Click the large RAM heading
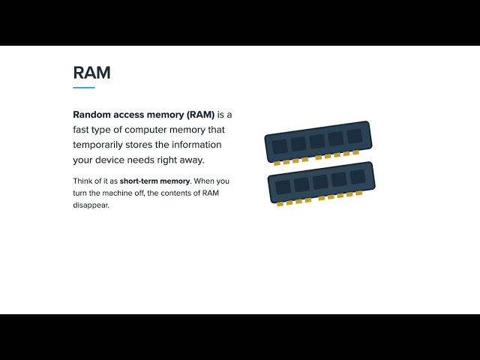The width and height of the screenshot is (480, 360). pos(91,73)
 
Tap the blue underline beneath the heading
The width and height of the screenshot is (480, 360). pos(84,88)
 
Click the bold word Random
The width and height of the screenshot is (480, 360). pos(91,115)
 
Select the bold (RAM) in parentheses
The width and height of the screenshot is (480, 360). pos(200,115)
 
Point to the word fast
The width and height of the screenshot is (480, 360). pos(81,130)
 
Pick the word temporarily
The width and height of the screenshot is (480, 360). pos(97,145)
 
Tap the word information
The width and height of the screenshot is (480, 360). pos(196,145)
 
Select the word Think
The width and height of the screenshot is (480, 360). pos(82,181)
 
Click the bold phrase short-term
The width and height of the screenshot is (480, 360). pos(139,181)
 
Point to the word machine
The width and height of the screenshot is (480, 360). pos(117,193)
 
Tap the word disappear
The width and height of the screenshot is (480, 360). pos(91,205)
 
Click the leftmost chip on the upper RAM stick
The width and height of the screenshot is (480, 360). pos(280,147)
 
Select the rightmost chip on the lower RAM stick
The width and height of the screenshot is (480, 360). pos(358,177)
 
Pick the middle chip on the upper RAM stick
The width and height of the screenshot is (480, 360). pos(317,142)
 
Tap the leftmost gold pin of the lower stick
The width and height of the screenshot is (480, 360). pos(280,204)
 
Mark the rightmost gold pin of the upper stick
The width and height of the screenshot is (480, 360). pos(355,152)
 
